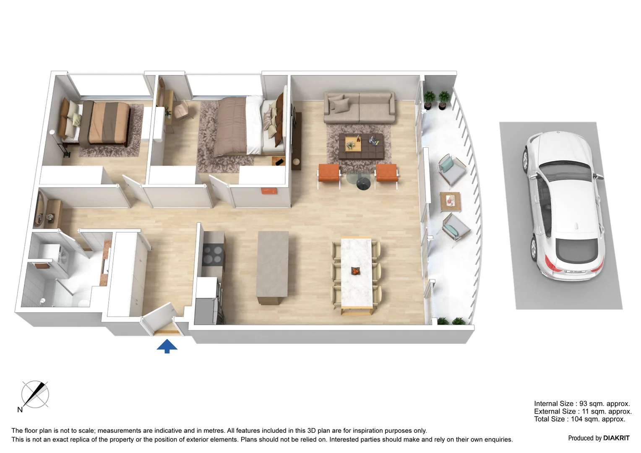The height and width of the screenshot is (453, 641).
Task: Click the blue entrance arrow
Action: click(x=167, y=346)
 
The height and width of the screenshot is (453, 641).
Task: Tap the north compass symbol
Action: click(x=35, y=395)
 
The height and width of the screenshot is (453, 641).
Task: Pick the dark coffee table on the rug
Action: click(x=361, y=146)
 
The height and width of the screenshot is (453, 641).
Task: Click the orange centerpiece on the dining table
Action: click(x=356, y=271)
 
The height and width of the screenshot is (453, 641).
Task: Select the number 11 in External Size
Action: click(x=586, y=411)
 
